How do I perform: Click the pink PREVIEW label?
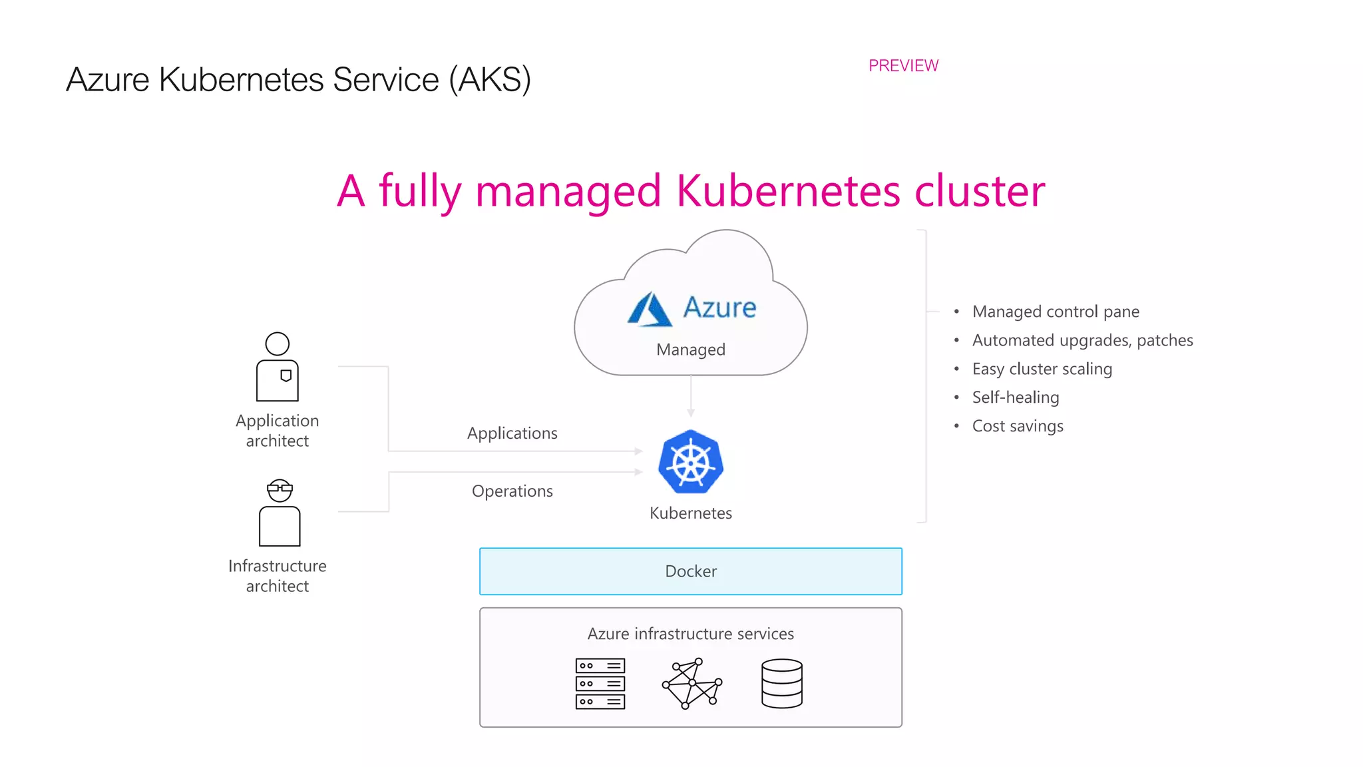[903, 66]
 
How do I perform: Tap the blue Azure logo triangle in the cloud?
[649, 310]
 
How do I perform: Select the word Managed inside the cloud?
[690, 350]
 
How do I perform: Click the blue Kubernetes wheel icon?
[691, 462]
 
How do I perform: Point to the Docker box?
[690, 571]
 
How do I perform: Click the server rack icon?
[600, 684]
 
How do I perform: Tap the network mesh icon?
[692, 684]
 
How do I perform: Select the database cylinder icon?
[781, 684]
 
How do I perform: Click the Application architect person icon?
[278, 368]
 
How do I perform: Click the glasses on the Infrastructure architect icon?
[280, 489]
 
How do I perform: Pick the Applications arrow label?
[512, 433]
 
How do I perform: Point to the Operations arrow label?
[512, 491]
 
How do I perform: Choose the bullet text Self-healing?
[1015, 397]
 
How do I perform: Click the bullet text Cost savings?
[1017, 426]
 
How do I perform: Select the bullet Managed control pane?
[1055, 312]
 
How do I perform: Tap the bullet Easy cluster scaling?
[1042, 369]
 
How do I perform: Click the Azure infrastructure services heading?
[690, 634]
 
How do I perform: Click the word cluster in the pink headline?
[979, 192]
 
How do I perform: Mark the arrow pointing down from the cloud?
[691, 399]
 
